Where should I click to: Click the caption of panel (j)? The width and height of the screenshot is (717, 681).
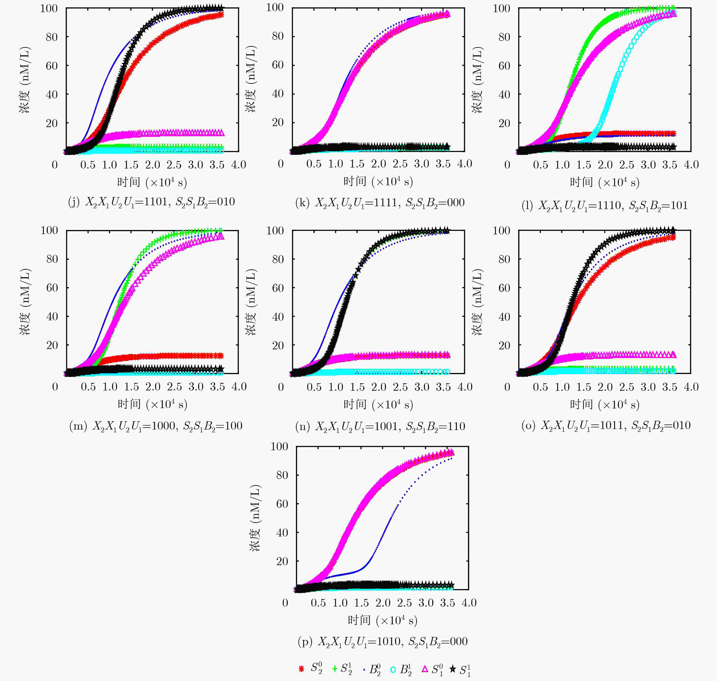(x=151, y=202)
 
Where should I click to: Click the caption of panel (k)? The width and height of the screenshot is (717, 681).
(x=380, y=203)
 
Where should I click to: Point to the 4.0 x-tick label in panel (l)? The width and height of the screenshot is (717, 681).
(x=691, y=165)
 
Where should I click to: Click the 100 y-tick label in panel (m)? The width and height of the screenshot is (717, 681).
(x=49, y=230)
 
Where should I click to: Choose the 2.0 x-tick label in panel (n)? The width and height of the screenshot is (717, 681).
(x=379, y=387)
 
